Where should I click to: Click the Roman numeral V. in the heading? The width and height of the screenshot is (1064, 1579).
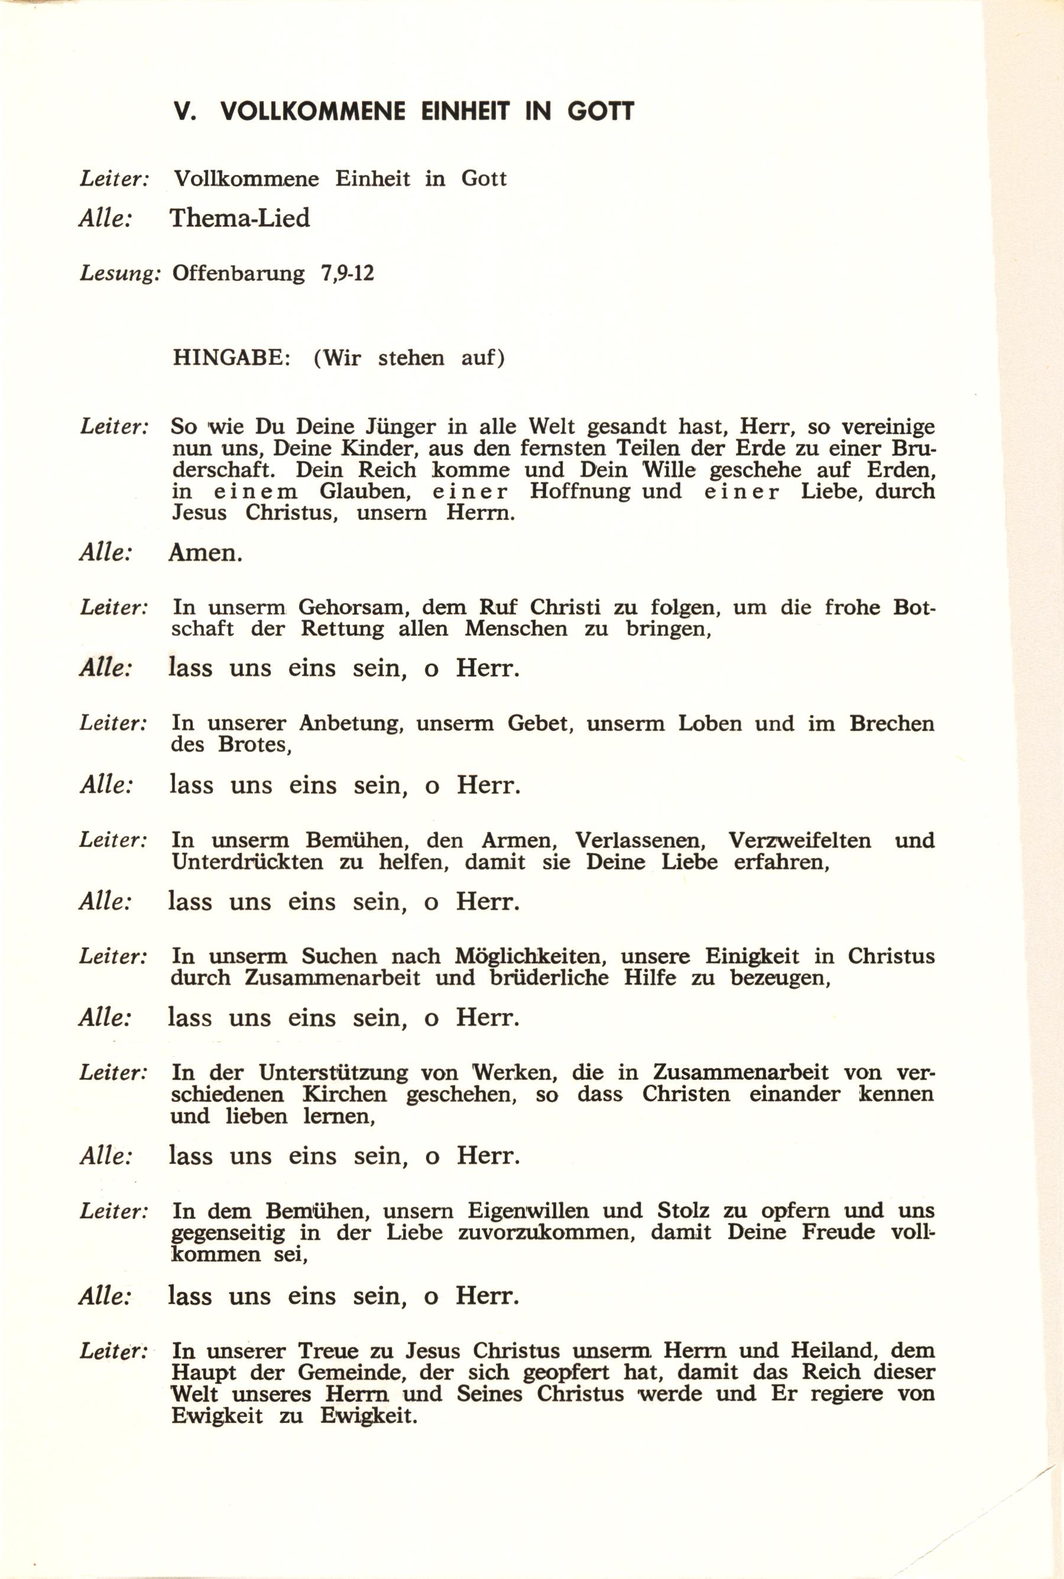(184, 111)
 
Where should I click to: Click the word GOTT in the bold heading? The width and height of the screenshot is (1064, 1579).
(601, 111)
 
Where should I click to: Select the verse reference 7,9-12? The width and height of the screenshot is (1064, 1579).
(348, 274)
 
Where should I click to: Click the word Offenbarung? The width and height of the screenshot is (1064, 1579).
(239, 274)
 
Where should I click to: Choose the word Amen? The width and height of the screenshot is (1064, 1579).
(205, 554)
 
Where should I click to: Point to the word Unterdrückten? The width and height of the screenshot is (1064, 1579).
(247, 862)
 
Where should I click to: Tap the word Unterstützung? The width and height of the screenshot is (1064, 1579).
(333, 1073)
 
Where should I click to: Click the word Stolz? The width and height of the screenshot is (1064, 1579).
(683, 1190)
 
